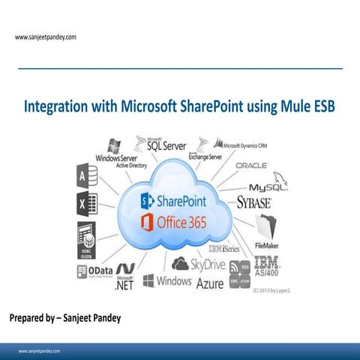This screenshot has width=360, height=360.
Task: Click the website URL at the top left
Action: tap(45, 36)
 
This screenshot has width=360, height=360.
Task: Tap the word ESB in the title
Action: tap(323, 107)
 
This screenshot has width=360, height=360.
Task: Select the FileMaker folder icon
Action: tap(266, 226)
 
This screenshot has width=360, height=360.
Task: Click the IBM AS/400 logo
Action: tap(266, 265)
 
